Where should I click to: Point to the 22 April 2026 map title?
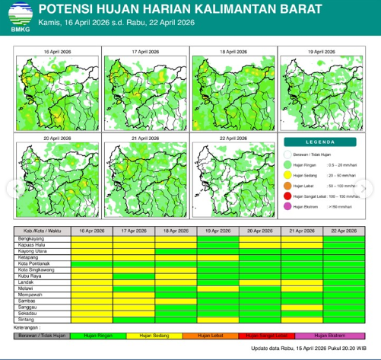233,138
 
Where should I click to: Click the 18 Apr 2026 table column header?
176,229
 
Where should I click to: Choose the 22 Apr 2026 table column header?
344,229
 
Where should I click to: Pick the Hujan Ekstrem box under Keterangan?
331,335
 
